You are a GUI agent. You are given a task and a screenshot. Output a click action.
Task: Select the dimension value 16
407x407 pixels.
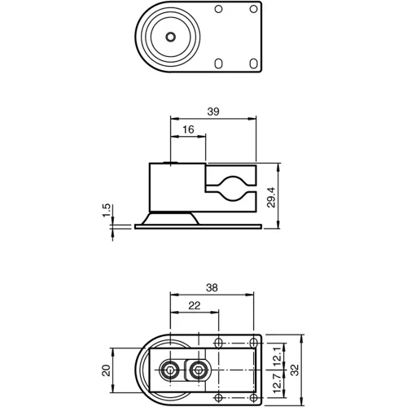pyautogui.click(x=188, y=129)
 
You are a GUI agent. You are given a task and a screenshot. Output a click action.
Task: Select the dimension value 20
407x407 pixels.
pyautogui.click(x=104, y=370)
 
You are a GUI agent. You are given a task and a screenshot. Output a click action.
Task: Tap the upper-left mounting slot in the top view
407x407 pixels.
pyautogui.click(x=218, y=11)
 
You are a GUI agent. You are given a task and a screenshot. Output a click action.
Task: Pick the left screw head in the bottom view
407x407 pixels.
pyautogui.click(x=169, y=370)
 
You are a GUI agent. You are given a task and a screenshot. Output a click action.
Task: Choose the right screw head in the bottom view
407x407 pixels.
pyautogui.click(x=196, y=370)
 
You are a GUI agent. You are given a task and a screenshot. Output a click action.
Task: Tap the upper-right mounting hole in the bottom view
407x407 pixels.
pyautogui.click(x=255, y=342)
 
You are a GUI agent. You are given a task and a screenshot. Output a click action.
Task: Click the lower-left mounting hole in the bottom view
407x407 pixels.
pyautogui.click(x=218, y=397)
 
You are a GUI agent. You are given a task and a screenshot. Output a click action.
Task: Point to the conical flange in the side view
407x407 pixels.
pyautogui.click(x=169, y=217)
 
